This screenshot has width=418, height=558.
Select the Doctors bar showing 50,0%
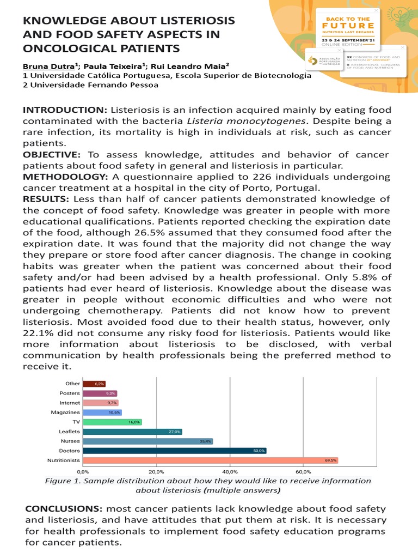point(174,451)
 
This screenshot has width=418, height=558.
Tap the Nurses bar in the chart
point(147,441)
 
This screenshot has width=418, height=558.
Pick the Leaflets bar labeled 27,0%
point(132,432)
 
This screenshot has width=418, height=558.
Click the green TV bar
point(112,422)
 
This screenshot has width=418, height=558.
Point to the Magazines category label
point(65,413)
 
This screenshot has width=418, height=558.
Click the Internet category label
point(69,403)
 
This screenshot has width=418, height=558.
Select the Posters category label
point(70,393)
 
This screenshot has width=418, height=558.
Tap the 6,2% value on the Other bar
point(99,384)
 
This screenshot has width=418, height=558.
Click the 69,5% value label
point(330,460)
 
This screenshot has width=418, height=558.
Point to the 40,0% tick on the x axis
point(230,471)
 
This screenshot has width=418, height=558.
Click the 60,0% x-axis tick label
point(303,471)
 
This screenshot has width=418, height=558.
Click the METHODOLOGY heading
point(65,177)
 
